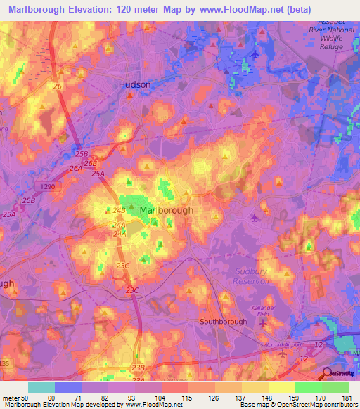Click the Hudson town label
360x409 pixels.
coord(134,84)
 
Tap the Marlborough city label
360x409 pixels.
coord(167,210)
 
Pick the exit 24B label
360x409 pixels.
coord(119,209)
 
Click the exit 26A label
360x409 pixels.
coord(76,169)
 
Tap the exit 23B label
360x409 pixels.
coord(138,368)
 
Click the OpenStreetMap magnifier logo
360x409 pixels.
coord(327,373)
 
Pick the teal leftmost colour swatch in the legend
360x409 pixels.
coord(41,387)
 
